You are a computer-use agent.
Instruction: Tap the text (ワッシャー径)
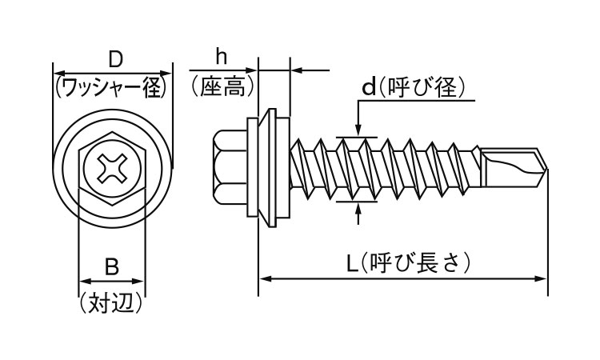pos(113,85)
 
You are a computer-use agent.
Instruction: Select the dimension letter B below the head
pos(111,267)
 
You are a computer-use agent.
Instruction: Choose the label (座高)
pos(223,85)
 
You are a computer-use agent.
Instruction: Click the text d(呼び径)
pos(413,86)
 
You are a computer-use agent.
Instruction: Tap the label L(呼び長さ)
pos(408,262)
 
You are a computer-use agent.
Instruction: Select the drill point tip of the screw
pos(546,170)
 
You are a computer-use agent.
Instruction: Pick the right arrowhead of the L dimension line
pos(542,278)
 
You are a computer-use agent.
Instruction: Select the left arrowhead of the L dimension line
pos(263,278)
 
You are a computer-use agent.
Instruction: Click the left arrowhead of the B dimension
pos(82,282)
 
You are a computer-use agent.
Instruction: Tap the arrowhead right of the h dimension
pos(295,70)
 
